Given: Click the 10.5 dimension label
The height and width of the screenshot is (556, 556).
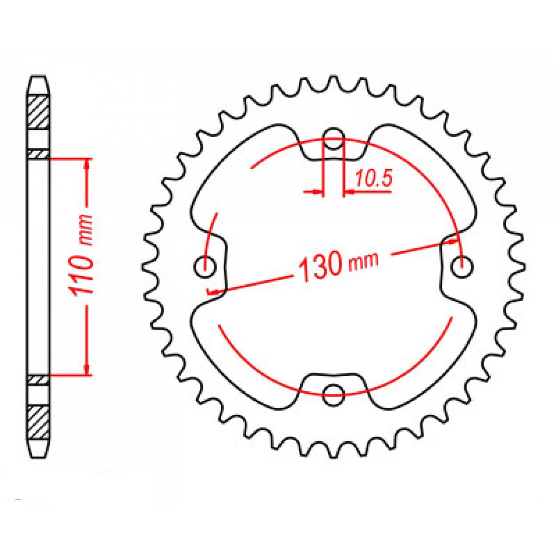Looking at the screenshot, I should [373, 179].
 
